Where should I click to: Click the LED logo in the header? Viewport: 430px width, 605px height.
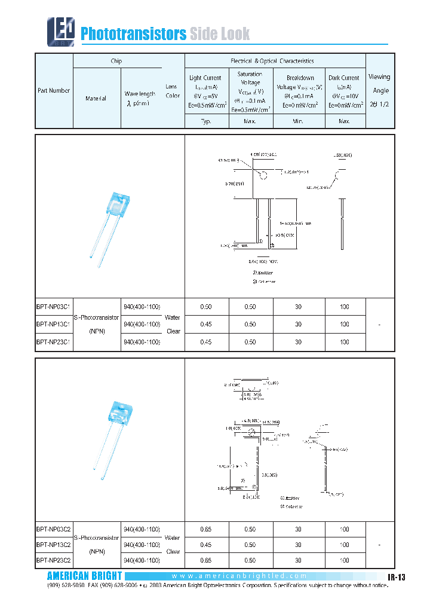[x=62, y=32]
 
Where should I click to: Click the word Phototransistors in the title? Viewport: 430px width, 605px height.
[x=133, y=34]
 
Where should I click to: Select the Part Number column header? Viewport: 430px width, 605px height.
[x=54, y=91]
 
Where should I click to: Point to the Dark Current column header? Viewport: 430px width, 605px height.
[x=344, y=91]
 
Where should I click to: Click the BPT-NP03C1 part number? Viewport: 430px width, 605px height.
[x=54, y=306]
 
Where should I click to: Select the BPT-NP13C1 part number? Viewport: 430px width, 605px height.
[x=54, y=324]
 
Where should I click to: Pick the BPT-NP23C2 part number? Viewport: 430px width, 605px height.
[x=54, y=561]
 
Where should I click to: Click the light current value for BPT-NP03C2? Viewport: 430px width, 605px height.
[x=206, y=529]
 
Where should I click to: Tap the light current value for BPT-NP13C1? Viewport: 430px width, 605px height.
[x=206, y=324]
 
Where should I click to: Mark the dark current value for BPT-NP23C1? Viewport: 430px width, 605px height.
[x=345, y=342]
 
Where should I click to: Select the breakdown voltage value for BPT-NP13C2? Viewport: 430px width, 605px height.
[x=299, y=545]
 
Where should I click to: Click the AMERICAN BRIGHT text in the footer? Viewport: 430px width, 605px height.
[x=84, y=576]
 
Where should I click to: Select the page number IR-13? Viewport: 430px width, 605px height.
[x=395, y=577]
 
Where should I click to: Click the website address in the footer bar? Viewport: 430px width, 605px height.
[x=239, y=576]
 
